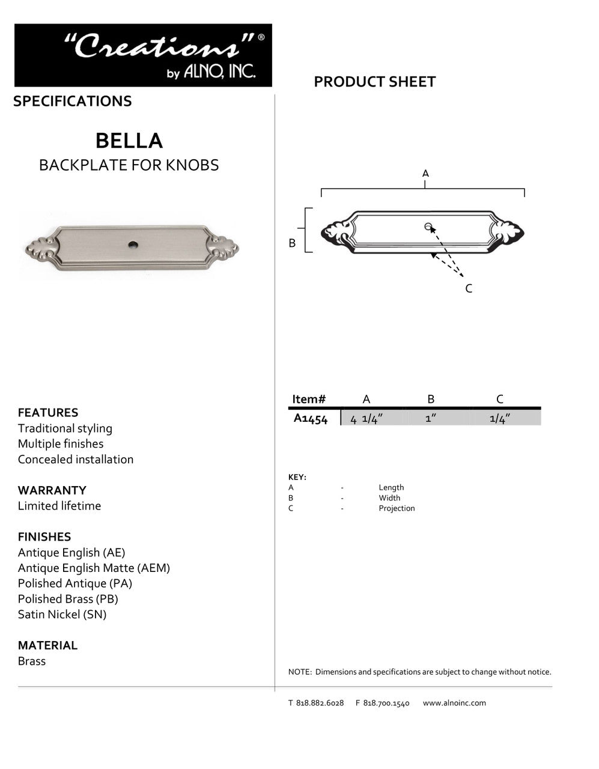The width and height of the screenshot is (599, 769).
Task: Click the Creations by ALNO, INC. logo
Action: [143, 55]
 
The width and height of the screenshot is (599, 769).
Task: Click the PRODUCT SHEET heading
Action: [374, 82]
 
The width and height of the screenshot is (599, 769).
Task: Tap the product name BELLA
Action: [129, 141]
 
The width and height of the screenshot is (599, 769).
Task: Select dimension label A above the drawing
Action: [425, 174]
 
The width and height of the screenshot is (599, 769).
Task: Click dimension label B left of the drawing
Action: [292, 243]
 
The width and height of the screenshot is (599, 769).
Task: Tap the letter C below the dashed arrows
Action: [469, 289]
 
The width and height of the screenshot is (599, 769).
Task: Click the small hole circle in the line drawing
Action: [428, 226]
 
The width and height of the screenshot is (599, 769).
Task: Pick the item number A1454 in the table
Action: [310, 419]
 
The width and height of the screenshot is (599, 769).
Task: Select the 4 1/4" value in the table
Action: [366, 419]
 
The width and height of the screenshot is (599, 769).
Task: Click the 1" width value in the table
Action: [430, 419]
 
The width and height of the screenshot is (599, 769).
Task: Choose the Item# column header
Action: [309, 400]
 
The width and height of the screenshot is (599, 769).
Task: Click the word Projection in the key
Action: [397, 508]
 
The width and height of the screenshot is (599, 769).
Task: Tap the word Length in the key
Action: [391, 487]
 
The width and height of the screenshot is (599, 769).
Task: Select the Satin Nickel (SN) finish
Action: [62, 615]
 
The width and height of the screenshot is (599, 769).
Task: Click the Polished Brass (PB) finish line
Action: [68, 599]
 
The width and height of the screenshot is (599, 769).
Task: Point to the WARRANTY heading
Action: [52, 490]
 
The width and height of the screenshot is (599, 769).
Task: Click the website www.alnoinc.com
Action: [454, 703]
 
